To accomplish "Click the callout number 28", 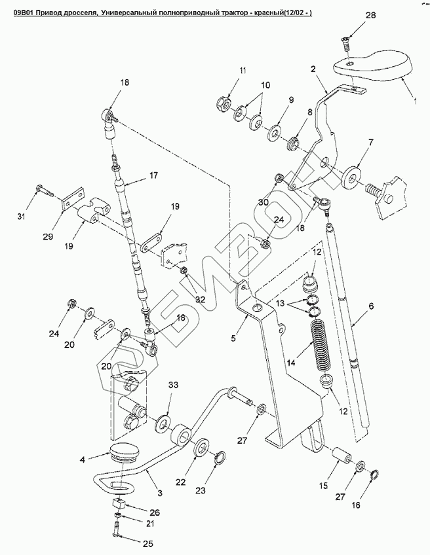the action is [370, 15].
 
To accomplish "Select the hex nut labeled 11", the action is [224, 103].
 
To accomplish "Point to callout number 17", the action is [153, 175].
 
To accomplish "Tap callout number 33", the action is [173, 385].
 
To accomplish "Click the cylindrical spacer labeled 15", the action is [341, 455].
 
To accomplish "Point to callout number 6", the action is [371, 306].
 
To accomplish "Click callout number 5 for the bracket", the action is [233, 338].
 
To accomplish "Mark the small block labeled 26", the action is [119, 503].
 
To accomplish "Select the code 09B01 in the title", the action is [25, 13].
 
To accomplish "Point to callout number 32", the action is [201, 300].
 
